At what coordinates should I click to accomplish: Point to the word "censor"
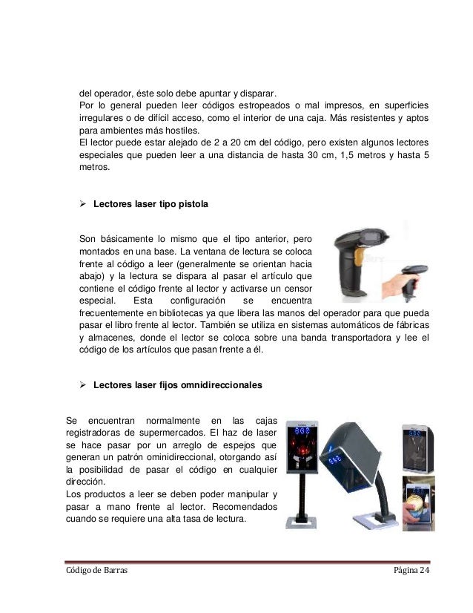pyautogui.click(x=294, y=289)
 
